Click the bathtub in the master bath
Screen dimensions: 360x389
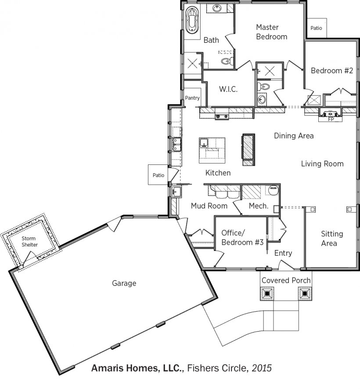192,21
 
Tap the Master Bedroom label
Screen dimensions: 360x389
272,32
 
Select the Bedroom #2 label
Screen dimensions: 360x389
332,71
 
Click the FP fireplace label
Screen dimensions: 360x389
331,119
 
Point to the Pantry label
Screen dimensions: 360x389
192,98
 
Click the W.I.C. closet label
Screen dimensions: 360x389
228,89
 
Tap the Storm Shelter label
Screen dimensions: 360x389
29,241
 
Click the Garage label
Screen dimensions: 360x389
124,283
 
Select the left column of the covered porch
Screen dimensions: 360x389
267,294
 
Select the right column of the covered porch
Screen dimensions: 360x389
305,294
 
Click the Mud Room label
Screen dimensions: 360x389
209,206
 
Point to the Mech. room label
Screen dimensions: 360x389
259,206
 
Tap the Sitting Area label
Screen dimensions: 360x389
332,239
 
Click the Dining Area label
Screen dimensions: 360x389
294,136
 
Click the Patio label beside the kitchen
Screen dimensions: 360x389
158,175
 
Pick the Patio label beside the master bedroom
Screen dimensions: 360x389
316,28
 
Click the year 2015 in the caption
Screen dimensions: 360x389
262,368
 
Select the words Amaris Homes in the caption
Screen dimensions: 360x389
126,368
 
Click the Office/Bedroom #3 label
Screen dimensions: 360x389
242,237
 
